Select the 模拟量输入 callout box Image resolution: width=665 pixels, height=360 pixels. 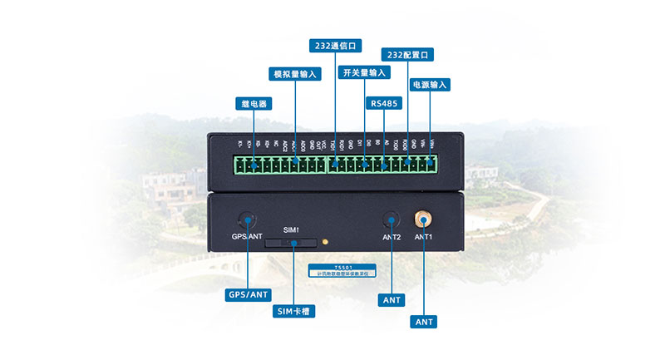296,74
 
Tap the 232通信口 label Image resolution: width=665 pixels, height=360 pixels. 333,45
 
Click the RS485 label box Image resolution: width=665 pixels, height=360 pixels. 385,104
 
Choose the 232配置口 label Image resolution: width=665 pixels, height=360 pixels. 407,54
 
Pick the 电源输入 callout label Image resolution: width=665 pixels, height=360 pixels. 430,85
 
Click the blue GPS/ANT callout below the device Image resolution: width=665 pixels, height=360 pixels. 249,294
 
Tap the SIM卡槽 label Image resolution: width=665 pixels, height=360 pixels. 295,312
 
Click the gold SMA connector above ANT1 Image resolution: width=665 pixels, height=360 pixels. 423,219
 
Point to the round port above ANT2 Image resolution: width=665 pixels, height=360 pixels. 391,220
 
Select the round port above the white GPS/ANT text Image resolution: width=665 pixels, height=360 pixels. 247,220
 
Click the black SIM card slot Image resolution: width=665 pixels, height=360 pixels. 291,243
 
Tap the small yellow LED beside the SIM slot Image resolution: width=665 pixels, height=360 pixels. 325,243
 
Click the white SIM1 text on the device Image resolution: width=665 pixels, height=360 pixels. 290,229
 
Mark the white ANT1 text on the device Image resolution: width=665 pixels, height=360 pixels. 424,237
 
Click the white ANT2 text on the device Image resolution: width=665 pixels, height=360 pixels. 391,237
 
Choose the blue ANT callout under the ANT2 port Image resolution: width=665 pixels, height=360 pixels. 391,299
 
